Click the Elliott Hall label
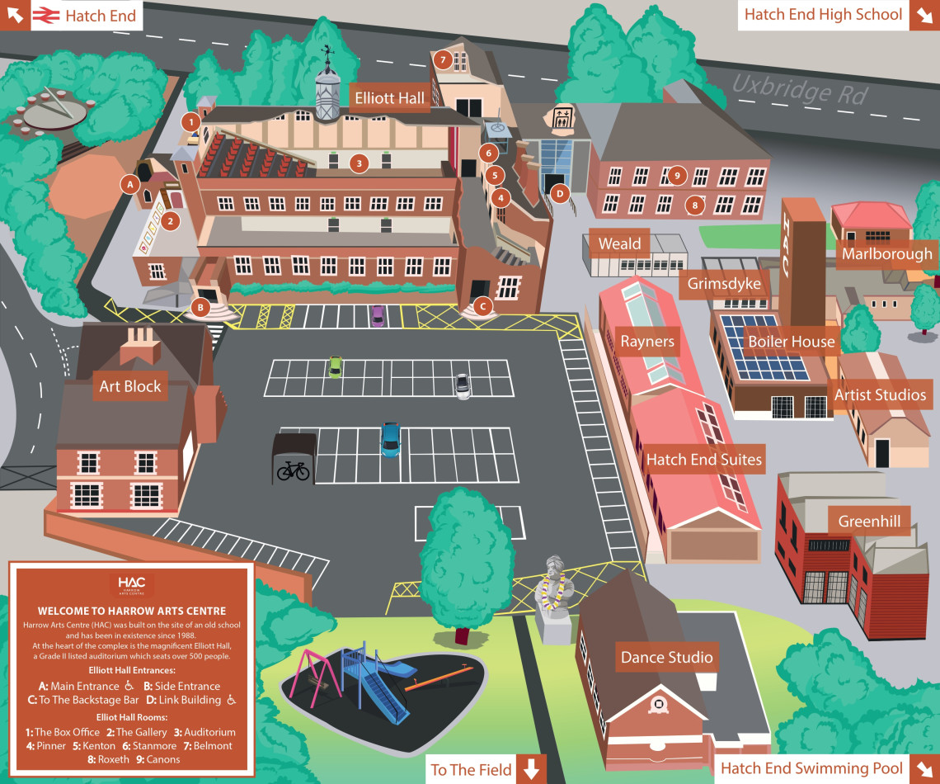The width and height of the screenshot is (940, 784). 389,98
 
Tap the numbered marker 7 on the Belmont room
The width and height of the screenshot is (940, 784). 443,59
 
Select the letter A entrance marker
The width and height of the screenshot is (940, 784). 129,185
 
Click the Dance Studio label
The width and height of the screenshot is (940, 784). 666,658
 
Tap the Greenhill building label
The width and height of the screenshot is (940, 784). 868,522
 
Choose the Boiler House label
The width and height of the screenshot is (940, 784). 791,342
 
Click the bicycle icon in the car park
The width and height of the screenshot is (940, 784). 294,470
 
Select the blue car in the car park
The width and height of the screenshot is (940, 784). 390,439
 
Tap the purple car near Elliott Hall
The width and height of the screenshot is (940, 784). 378,314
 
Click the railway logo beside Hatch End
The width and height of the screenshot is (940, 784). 45,15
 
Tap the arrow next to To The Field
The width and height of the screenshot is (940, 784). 531,769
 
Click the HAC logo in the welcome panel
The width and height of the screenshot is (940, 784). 131,583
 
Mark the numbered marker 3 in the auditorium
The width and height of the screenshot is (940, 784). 359,163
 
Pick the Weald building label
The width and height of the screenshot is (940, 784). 619,243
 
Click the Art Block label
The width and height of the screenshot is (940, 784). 130,386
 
